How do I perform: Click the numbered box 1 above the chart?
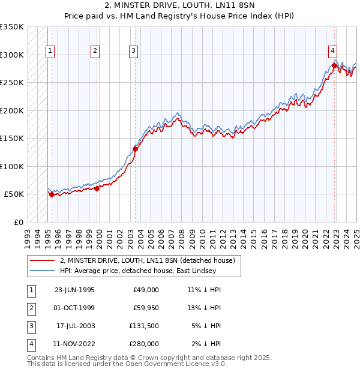[x=50, y=52]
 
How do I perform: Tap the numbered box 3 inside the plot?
[x=133, y=52]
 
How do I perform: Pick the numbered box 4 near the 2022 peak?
[x=332, y=52]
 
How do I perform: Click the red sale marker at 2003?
[x=135, y=149]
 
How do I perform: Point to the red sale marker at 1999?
[x=97, y=188]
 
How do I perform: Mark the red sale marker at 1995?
[x=52, y=194]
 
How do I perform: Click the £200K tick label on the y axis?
[x=12, y=110]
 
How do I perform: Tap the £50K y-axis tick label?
[x=14, y=194]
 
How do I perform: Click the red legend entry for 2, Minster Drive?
[x=150, y=260]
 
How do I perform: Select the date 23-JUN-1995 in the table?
[x=74, y=290]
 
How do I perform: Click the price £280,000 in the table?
[x=143, y=344]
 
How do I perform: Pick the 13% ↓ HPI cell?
[x=205, y=308]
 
